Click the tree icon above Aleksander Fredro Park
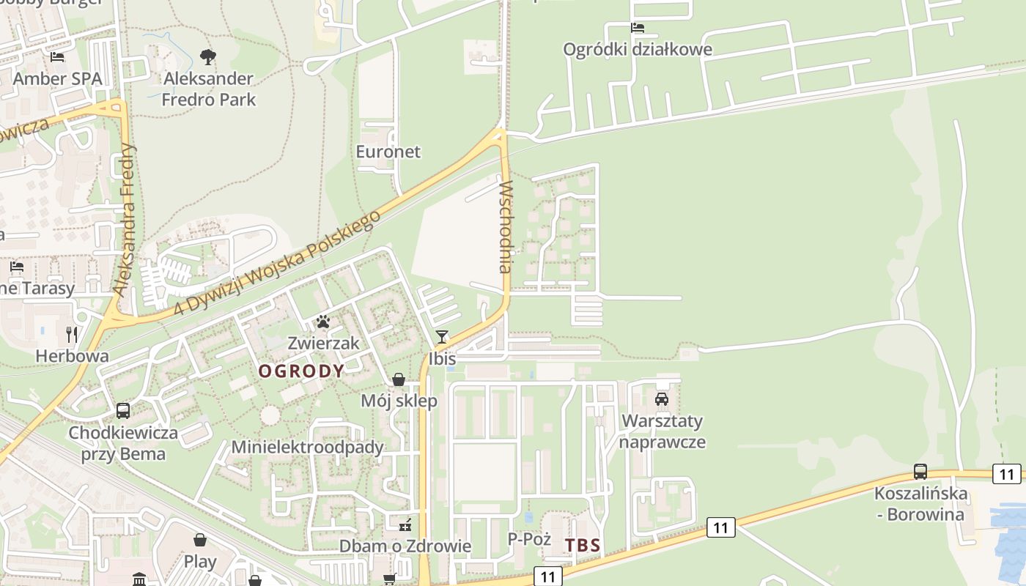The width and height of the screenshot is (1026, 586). (x=208, y=56)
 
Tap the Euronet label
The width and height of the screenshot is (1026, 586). (x=388, y=152)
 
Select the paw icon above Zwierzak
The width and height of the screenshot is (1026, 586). (x=322, y=322)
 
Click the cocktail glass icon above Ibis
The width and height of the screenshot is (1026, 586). (x=442, y=337)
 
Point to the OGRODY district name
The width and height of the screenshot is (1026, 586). (x=301, y=371)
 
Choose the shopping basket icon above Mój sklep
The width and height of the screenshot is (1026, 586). (x=399, y=379)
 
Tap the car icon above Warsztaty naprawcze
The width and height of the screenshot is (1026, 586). (x=662, y=399)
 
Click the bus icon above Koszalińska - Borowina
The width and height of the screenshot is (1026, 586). (x=920, y=472)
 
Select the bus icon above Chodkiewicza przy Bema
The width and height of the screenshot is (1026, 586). (x=123, y=411)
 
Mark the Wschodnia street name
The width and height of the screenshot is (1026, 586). (x=505, y=228)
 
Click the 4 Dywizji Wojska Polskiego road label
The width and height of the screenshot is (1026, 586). (x=278, y=264)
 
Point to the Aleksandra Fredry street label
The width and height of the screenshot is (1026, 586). (x=125, y=220)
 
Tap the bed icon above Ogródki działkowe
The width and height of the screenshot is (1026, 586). (x=638, y=28)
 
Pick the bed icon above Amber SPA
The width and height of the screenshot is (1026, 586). (x=57, y=56)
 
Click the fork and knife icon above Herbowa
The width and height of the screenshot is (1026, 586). (x=72, y=335)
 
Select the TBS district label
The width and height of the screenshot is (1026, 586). (x=583, y=545)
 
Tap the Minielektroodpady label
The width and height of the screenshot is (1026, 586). (x=308, y=447)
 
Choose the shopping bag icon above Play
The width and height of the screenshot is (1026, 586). (x=200, y=541)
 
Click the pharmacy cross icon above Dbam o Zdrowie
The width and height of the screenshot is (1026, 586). (x=405, y=525)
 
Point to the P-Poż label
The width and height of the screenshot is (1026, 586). (x=529, y=539)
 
